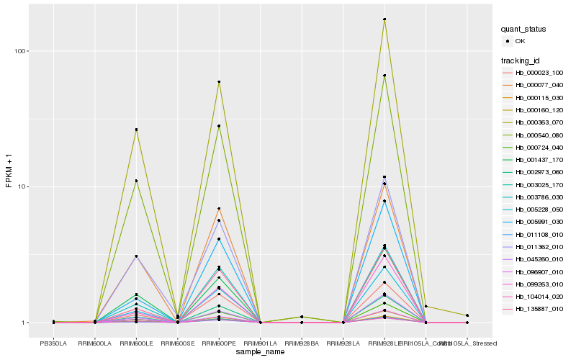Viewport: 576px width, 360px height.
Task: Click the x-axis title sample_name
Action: pos(260,351)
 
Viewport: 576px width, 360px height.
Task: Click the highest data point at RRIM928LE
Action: pos(384,19)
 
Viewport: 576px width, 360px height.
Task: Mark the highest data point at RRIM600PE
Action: pos(219,82)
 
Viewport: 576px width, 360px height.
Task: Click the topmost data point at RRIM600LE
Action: pos(136,130)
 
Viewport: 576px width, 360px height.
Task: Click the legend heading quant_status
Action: pos(523,30)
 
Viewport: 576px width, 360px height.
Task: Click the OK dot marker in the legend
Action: pos(508,42)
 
